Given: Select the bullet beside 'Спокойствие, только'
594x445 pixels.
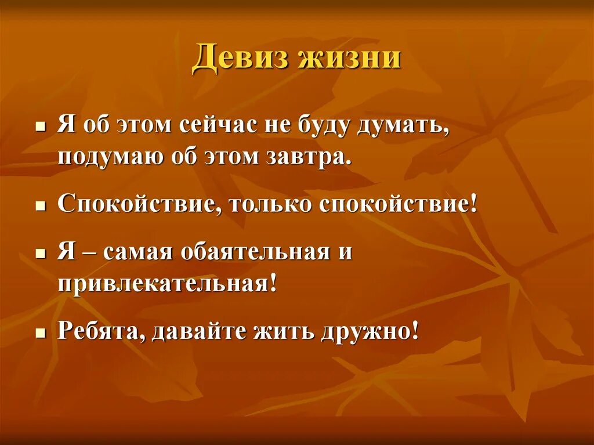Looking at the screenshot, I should click(40, 206).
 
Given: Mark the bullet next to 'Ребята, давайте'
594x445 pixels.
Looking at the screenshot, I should click(40, 333).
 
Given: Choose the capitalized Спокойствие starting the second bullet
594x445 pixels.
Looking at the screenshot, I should click(137, 205).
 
